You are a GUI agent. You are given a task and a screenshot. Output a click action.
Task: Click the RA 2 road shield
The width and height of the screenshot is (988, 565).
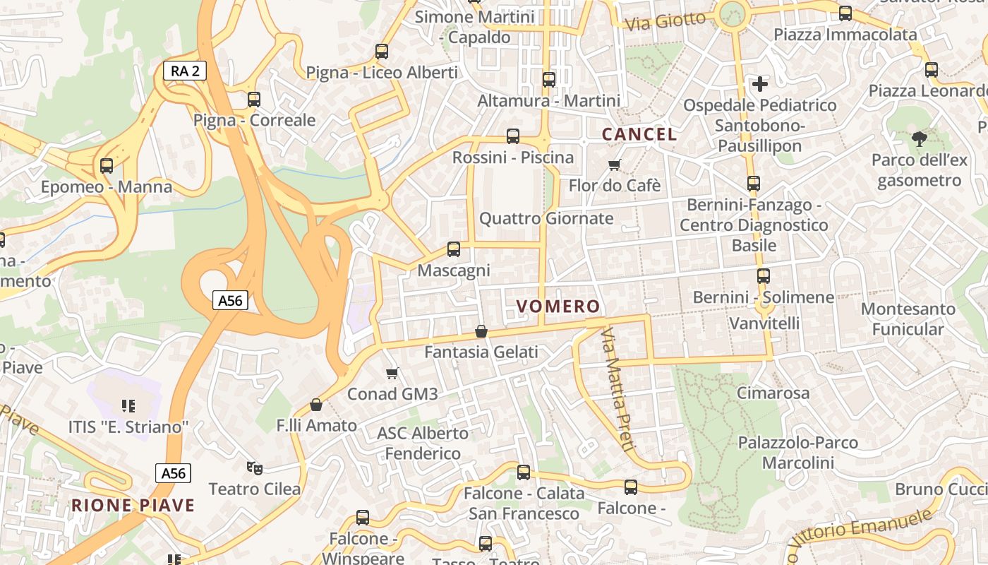tap(185, 70)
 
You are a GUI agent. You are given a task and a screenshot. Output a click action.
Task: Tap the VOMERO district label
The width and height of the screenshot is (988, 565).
tap(558, 307)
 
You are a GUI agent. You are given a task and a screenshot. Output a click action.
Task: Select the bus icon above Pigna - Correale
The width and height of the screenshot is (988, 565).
tap(254, 100)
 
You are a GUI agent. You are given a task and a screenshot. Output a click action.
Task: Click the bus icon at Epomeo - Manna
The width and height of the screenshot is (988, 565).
tap(107, 166)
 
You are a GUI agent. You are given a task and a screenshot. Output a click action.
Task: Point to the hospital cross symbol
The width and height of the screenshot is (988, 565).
tap(760, 84)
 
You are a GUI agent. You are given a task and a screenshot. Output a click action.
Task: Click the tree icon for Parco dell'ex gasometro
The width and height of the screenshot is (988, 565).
tap(919, 139)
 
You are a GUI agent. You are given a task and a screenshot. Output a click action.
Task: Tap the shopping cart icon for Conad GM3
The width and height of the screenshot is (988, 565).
tap(392, 373)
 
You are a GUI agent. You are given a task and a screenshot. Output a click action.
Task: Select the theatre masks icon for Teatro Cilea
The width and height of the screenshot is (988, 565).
tap(254, 468)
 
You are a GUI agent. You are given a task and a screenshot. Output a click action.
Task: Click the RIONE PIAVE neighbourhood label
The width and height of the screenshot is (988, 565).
tap(133, 506)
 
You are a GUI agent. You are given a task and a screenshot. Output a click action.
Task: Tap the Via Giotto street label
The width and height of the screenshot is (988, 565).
tap(665, 21)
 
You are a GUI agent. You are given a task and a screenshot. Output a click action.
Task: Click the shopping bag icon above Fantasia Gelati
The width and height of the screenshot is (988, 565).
tap(481, 331)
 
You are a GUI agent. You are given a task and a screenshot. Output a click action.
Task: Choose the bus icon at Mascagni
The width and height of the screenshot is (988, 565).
tap(454, 249)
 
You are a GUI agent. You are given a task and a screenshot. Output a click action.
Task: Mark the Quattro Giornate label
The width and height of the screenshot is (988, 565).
tap(546, 218)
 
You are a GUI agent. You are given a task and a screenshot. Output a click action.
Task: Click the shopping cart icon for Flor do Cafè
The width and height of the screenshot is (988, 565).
tap(614, 165)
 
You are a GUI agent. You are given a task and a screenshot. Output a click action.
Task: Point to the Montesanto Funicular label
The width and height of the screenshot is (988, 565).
tap(908, 319)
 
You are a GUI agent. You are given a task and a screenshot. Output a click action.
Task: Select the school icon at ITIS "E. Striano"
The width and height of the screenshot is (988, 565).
tap(128, 405)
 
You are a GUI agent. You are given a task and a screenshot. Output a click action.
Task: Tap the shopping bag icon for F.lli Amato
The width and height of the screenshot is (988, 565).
tap(316, 405)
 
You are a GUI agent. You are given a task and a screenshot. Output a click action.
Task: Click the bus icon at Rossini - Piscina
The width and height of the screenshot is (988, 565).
tap(513, 136)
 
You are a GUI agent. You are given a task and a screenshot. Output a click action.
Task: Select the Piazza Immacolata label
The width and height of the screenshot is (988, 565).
tap(845, 35)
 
